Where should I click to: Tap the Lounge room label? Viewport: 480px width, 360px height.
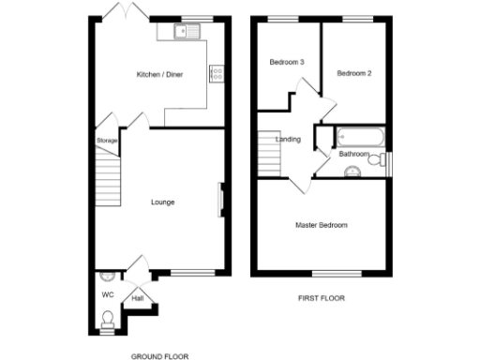coord(162,202)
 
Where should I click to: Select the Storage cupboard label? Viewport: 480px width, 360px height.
coord(107,141)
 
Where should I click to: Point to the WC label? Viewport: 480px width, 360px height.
coord(107,294)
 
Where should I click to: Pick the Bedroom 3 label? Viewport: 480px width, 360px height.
coord(287,63)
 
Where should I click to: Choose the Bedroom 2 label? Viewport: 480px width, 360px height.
coord(355,72)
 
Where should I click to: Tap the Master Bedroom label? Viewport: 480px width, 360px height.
coord(322,225)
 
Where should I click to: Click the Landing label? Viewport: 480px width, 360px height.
coord(288,140)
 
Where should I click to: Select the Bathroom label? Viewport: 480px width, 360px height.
coord(353,154)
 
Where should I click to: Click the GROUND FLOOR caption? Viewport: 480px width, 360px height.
coord(159,356)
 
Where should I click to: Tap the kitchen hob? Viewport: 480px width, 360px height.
coord(217,71)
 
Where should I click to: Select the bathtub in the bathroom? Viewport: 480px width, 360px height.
coord(354,137)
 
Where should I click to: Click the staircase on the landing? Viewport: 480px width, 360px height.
coord(269,150)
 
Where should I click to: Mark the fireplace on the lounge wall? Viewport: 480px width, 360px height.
coord(221,199)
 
